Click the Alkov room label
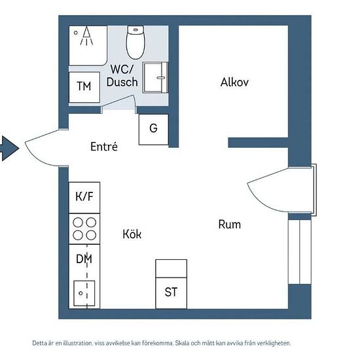click(x=234, y=82)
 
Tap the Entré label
click(x=104, y=147)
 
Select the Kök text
click(x=132, y=234)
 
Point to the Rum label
click(x=230, y=225)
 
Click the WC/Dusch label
click(x=122, y=75)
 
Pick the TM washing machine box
click(x=84, y=87)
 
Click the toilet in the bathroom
click(x=135, y=43)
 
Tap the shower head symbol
click(x=86, y=36)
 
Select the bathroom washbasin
click(x=155, y=77)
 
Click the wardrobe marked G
click(x=154, y=130)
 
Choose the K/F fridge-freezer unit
click(x=84, y=198)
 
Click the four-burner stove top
click(x=84, y=229)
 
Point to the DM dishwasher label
click(x=84, y=259)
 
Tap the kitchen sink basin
click(x=84, y=293)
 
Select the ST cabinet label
click(x=171, y=292)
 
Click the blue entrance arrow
click(x=9, y=148)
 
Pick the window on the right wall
click(x=300, y=252)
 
